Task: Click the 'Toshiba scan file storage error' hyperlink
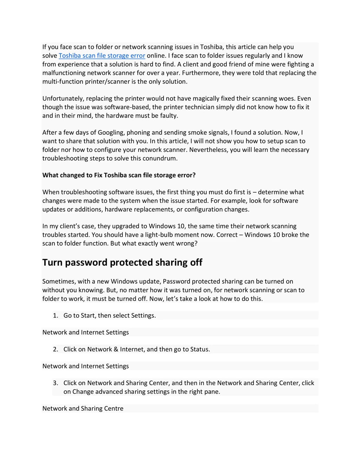[x=102, y=56]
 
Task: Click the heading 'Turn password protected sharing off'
[x=122, y=263]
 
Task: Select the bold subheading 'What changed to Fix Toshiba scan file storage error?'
[x=119, y=175]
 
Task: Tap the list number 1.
[x=56, y=316]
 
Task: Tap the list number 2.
[x=56, y=349]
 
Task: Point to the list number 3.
[x=56, y=383]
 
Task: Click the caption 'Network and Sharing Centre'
[x=83, y=408]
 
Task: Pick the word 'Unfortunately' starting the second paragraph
[x=63, y=98]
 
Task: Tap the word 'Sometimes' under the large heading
[x=59, y=281]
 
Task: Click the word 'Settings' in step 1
[x=143, y=316]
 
